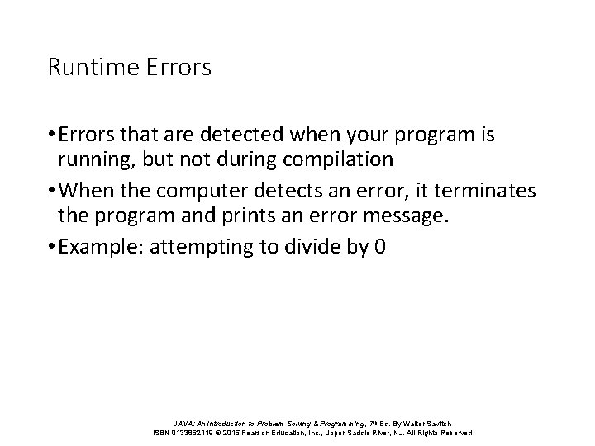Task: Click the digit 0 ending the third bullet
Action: [x=379, y=247]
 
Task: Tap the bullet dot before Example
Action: [x=51, y=248]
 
